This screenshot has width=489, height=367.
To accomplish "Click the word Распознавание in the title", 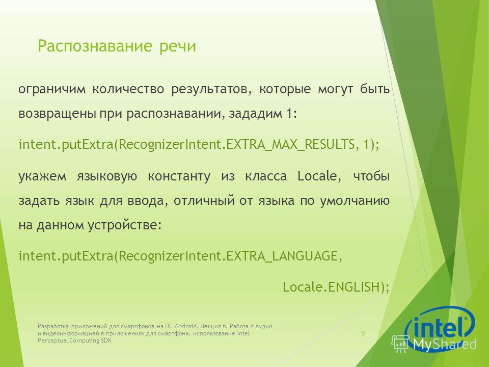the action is (95, 46).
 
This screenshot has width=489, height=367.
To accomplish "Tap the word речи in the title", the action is (178, 47).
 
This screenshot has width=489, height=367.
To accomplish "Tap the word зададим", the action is (255, 113).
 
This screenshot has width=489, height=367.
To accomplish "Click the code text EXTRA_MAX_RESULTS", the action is (290, 145).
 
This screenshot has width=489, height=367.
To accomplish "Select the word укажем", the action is (42, 177).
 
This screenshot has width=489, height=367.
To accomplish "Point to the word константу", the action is (179, 177).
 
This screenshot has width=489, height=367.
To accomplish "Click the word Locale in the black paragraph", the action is (317, 176).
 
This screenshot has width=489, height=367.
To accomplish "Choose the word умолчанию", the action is (355, 201).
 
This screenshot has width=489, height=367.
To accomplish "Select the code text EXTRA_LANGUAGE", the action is (282, 256).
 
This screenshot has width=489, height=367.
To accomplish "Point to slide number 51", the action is (364, 333).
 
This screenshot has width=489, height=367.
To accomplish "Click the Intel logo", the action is (440, 325).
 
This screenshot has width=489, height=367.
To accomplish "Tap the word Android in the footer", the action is (185, 326).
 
